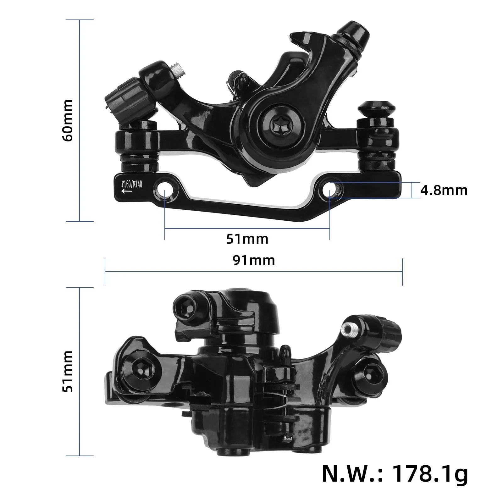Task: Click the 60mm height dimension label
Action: tap(68, 120)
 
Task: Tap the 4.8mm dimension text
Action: tap(444, 191)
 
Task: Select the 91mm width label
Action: tap(254, 260)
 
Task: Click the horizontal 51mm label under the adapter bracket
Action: tap(247, 239)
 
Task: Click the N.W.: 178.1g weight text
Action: tap(395, 474)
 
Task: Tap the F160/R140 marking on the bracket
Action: tap(132, 184)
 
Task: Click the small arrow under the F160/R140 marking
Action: tap(126, 191)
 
